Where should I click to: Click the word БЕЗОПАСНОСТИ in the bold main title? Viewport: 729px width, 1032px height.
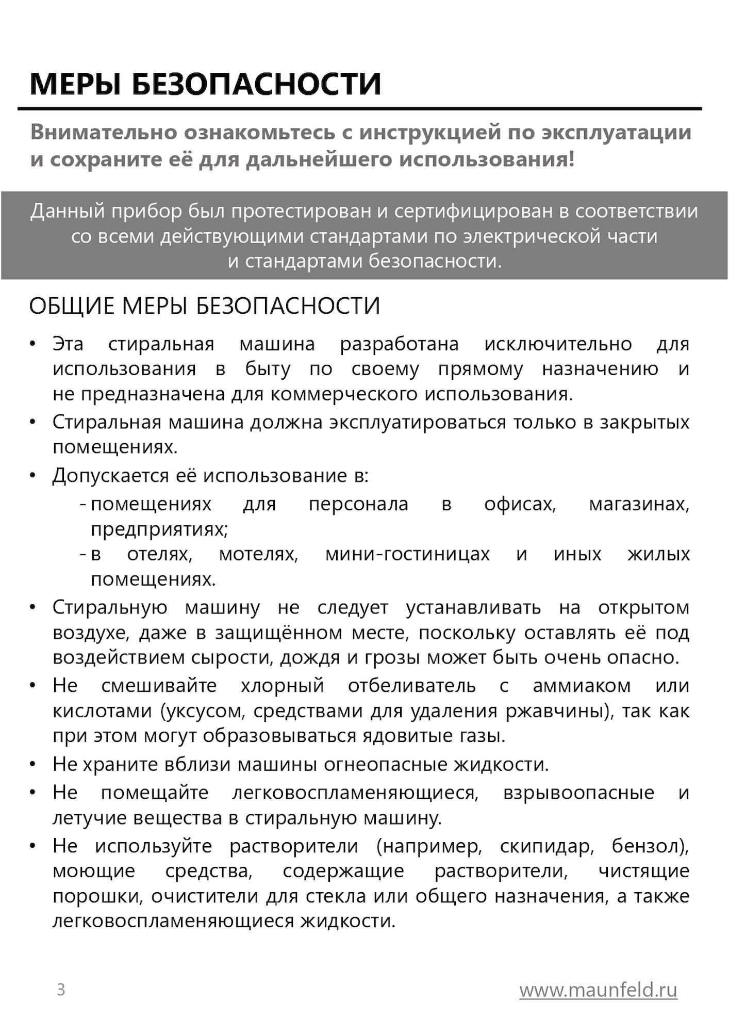[x=257, y=85]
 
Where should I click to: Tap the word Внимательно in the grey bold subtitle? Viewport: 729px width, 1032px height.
[x=104, y=133]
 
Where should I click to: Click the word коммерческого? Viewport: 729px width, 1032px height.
[x=344, y=394]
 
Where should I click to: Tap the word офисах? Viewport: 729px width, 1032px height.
[x=520, y=504]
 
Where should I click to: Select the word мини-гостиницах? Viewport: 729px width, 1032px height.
[x=407, y=554]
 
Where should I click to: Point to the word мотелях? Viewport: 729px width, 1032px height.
[x=258, y=554]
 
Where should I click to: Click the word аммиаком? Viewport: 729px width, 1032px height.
[x=582, y=686]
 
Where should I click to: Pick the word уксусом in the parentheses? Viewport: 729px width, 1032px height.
[x=203, y=711]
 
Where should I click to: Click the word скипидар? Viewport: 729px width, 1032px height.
[x=547, y=846]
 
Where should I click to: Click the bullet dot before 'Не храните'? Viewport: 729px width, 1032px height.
[x=33, y=764]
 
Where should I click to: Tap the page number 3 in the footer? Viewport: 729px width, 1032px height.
[x=61, y=990]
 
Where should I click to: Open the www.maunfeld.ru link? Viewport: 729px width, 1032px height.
[x=598, y=990]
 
